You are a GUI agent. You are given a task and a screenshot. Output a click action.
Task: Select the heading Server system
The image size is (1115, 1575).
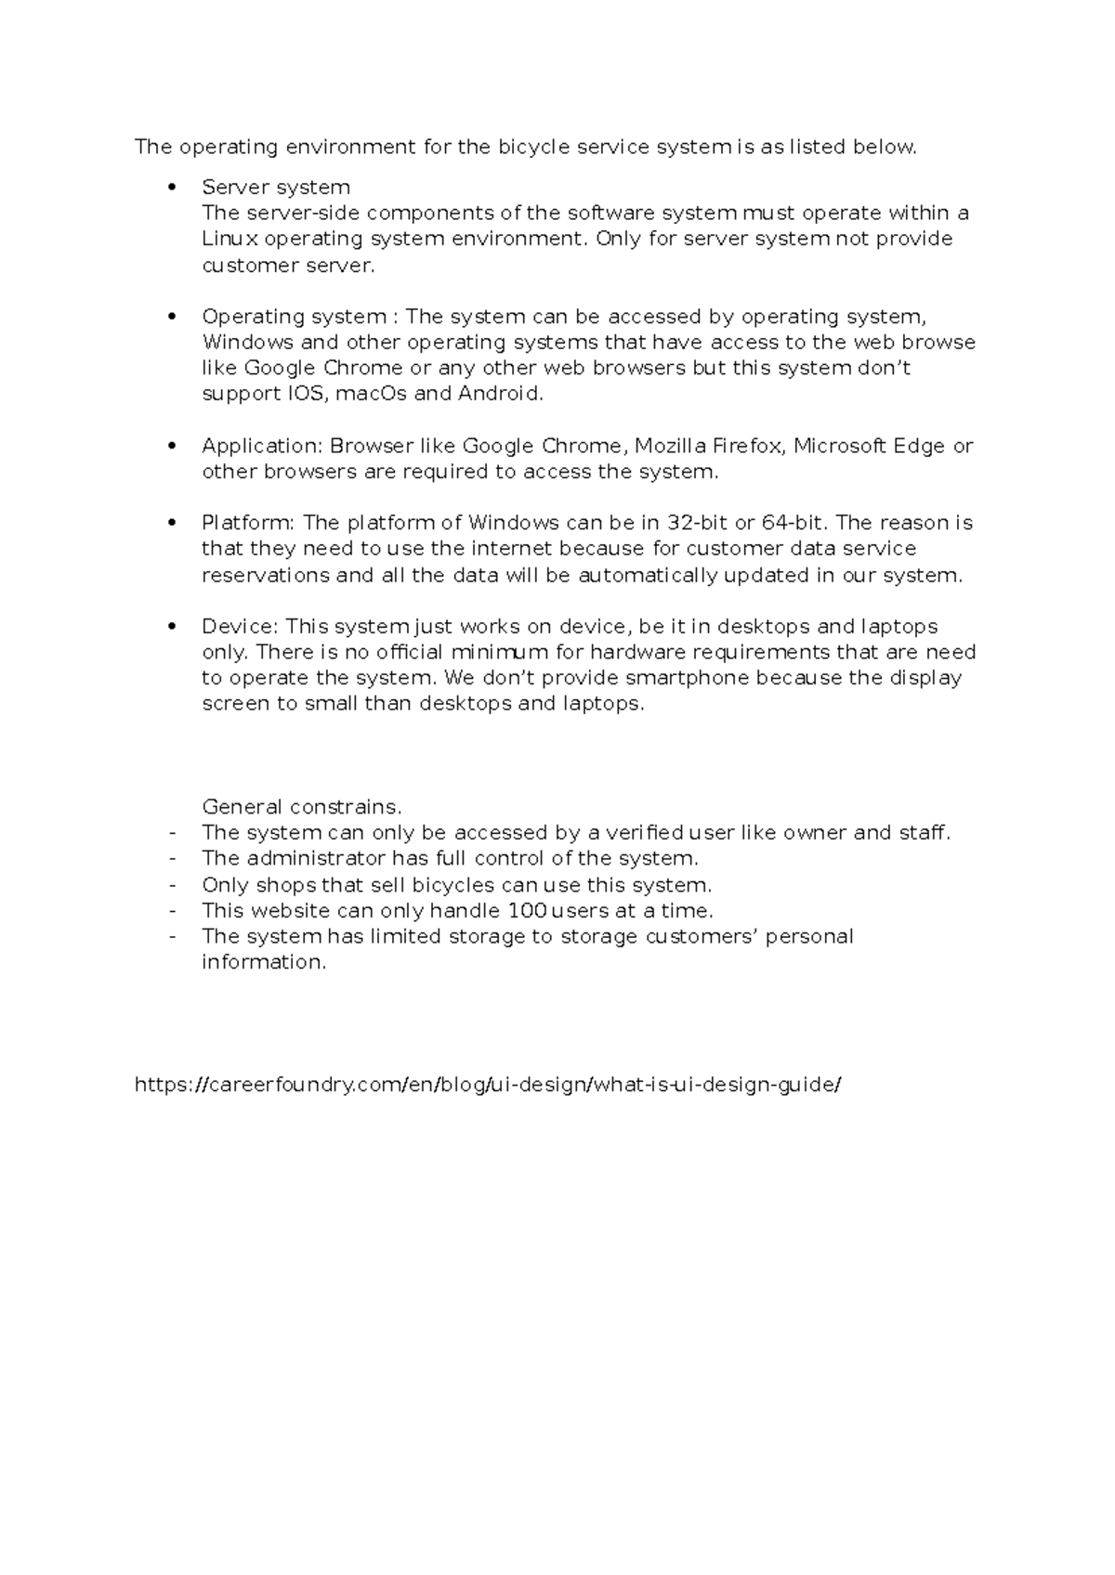click(276, 188)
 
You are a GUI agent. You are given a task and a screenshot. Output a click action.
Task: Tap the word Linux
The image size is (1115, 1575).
click(230, 239)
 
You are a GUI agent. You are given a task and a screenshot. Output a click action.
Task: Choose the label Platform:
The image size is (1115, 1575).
click(248, 523)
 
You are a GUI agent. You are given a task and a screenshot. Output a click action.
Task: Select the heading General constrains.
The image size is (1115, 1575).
click(302, 807)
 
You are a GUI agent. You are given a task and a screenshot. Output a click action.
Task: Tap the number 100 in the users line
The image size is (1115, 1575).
click(526, 911)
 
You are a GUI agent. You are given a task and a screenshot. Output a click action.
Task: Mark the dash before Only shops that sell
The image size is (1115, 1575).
click(173, 885)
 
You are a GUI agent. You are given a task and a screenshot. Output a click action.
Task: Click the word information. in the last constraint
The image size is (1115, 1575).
click(264, 962)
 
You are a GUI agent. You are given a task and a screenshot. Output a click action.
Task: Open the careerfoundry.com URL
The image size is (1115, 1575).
click(488, 1085)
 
